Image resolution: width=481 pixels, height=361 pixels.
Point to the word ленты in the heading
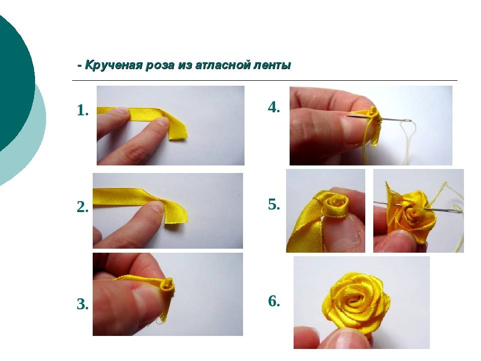pos(273,65)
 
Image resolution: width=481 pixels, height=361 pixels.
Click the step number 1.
pos(83,110)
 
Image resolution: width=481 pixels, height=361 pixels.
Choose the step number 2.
pos(83,207)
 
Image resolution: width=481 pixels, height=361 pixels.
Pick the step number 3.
pos(83,304)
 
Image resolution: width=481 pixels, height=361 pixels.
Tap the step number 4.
pos(274,107)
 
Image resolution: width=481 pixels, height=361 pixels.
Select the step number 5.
pos(274,204)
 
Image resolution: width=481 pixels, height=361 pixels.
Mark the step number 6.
pos(274,301)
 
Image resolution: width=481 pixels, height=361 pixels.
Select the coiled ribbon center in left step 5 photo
pos(337,204)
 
